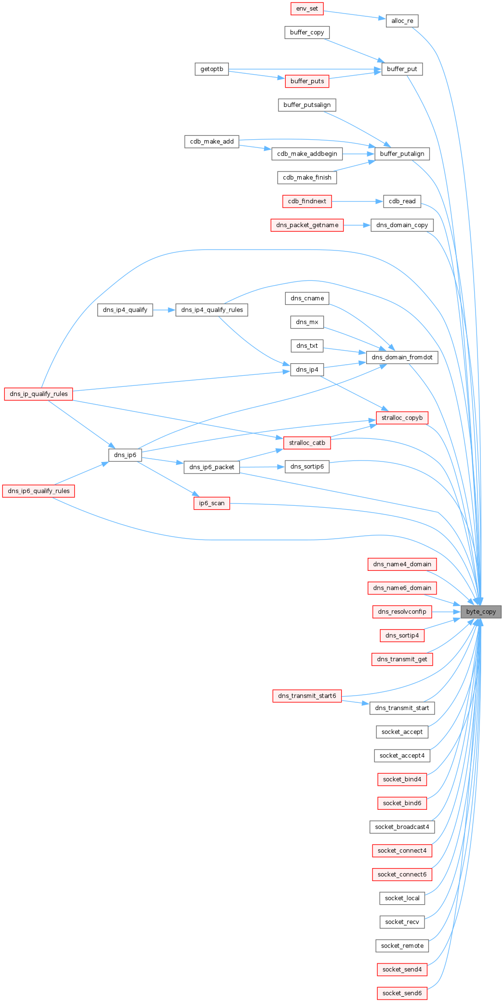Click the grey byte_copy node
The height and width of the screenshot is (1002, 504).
coord(481,612)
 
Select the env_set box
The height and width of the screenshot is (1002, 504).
coord(307,9)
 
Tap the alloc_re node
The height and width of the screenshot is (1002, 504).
coord(402,21)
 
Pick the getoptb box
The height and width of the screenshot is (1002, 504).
coord(212,69)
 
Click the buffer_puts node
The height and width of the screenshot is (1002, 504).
coord(307,81)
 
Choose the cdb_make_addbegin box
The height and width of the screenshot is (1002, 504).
coord(307,154)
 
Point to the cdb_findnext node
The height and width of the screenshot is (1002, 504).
coord(307,201)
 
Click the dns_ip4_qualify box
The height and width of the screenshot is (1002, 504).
coord(125,310)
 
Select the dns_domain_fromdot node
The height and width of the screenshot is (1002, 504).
coord(402,357)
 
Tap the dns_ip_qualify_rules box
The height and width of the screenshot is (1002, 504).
coord(39,394)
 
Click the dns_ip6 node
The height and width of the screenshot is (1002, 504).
coord(125,455)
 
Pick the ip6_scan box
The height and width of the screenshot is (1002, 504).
coord(212,503)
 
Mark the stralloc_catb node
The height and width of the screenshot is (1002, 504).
coord(307,443)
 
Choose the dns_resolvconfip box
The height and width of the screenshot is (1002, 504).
coord(402,612)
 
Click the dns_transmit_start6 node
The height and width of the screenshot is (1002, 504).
coord(307,696)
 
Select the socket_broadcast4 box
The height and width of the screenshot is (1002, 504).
coord(402,827)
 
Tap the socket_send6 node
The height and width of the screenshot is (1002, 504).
coord(402,993)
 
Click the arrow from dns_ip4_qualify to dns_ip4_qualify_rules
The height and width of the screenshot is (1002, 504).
coord(164,310)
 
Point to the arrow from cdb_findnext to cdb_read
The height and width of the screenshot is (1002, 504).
coord(357,201)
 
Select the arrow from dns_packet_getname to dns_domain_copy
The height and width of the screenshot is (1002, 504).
coord(357,225)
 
